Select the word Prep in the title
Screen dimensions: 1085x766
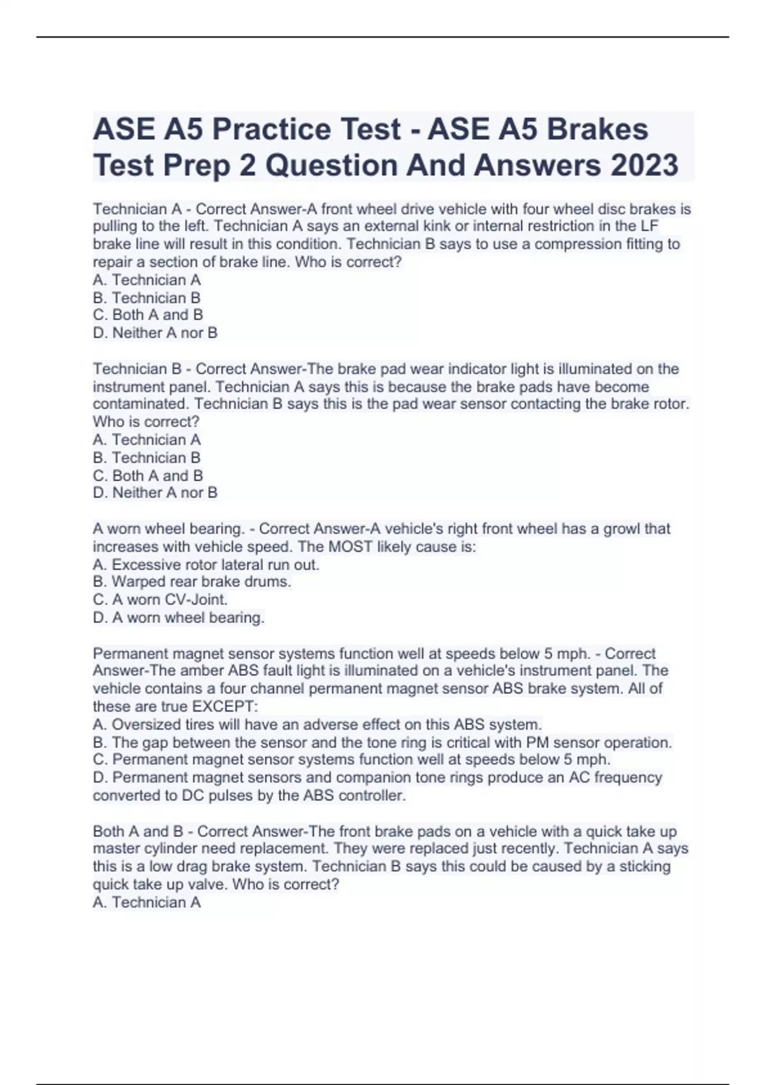197,165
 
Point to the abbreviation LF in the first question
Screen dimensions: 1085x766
649,226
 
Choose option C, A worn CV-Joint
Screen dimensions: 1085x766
160,599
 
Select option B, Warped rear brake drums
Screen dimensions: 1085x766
192,581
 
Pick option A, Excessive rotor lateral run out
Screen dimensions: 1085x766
206,564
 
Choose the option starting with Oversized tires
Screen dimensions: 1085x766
317,724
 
